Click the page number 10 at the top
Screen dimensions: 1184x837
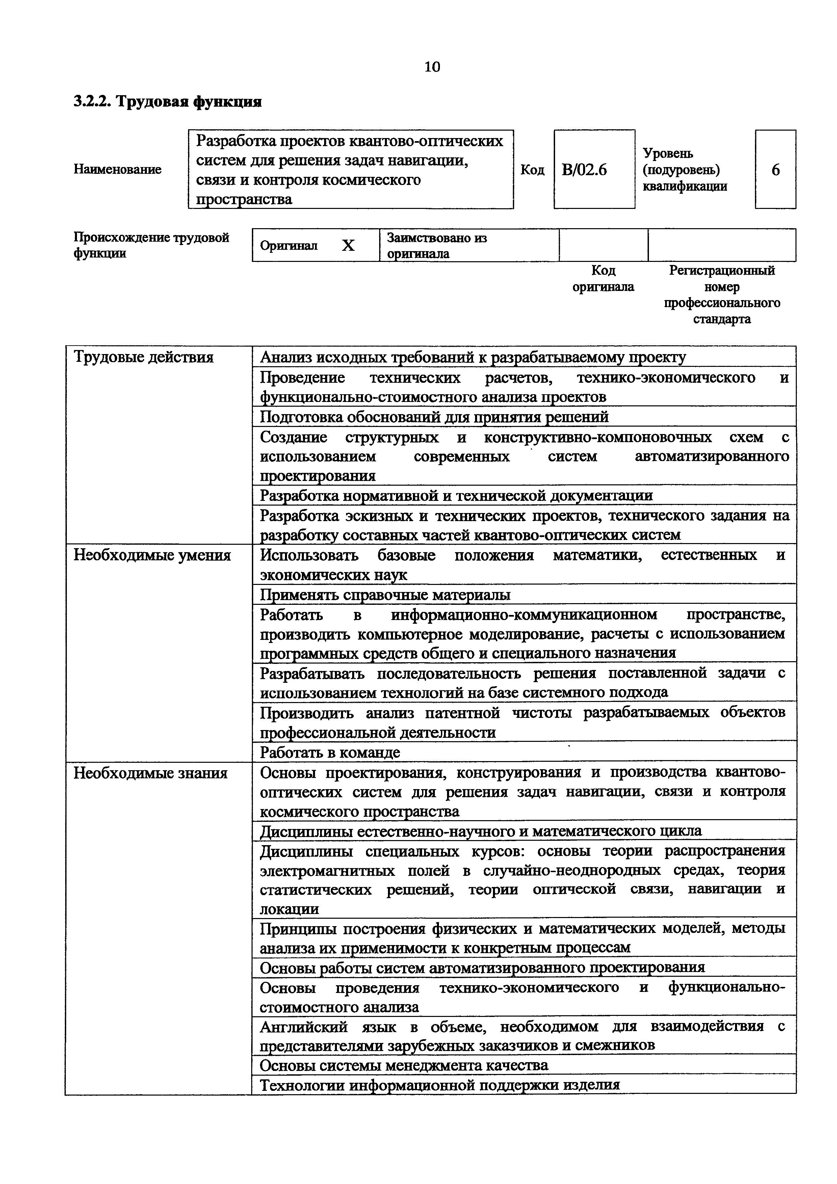coord(432,67)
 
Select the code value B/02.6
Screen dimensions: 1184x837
coord(584,170)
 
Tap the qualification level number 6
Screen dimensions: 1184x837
coord(775,170)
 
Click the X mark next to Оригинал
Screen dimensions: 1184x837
coord(349,245)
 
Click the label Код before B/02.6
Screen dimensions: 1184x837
coord(532,170)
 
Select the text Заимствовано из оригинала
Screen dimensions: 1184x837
coord(437,245)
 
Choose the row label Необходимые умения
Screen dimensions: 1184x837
coord(152,556)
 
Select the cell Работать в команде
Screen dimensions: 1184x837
coord(330,752)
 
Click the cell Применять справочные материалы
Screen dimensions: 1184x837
coord(385,595)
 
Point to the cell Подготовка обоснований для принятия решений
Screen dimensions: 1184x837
coord(434,417)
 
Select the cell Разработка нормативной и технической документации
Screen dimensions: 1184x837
coord(456,495)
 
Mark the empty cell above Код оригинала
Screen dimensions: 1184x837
coord(603,245)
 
